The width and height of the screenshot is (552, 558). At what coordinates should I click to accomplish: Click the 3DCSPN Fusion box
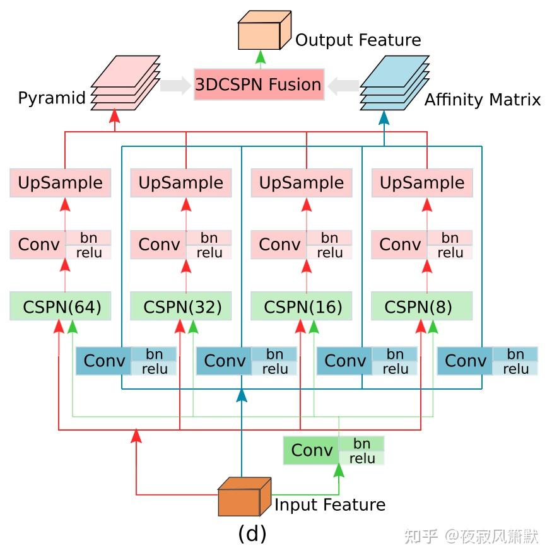pyautogui.click(x=259, y=84)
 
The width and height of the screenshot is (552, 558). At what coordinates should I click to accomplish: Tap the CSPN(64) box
pyautogui.click(x=61, y=306)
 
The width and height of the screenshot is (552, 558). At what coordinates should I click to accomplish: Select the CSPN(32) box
pyautogui.click(x=181, y=306)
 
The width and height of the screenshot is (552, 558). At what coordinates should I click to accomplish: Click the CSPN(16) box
pyautogui.click(x=302, y=306)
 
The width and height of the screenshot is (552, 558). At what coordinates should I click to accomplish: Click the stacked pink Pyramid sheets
pyautogui.click(x=126, y=82)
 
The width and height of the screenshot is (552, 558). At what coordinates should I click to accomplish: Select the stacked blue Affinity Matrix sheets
pyautogui.click(x=394, y=82)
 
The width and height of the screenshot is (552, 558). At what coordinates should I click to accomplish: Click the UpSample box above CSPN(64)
pyautogui.click(x=61, y=183)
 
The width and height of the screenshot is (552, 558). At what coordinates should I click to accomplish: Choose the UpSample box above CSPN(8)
pyautogui.click(x=422, y=183)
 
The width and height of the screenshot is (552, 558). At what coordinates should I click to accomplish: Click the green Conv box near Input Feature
pyautogui.click(x=311, y=450)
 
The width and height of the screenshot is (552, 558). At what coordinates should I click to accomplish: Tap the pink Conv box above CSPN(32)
pyautogui.click(x=158, y=245)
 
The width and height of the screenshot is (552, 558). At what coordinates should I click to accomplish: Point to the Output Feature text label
pyautogui.click(x=358, y=40)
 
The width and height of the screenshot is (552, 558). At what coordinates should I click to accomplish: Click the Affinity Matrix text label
pyautogui.click(x=482, y=100)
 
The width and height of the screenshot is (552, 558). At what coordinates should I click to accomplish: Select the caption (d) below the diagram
pyautogui.click(x=252, y=533)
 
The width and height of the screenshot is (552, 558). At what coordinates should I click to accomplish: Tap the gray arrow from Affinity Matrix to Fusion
pyautogui.click(x=343, y=85)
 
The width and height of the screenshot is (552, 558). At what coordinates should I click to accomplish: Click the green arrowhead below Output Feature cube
pyautogui.click(x=259, y=57)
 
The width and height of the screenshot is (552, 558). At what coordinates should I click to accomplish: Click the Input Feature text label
pyautogui.click(x=329, y=504)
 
